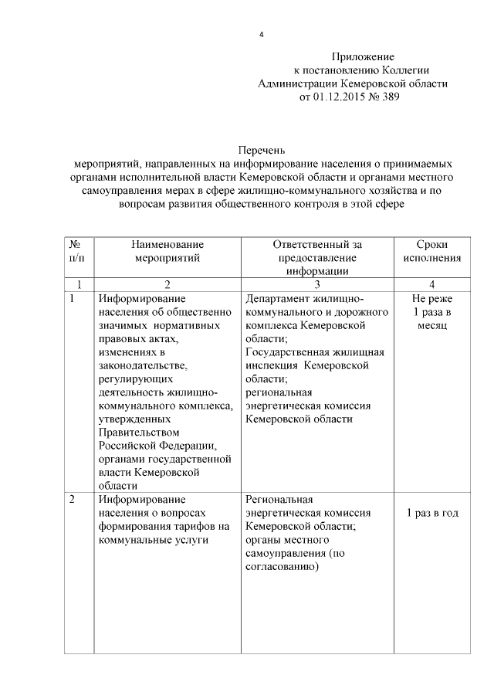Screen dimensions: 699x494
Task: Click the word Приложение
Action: pos(363,57)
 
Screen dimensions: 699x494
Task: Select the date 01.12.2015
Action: pos(340,98)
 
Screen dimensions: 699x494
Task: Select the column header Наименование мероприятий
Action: pos(166,251)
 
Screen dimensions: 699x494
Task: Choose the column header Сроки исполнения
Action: pos(431,251)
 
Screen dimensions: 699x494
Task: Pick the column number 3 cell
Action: pos(317,284)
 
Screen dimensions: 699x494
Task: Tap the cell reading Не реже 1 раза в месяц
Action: pos(431,311)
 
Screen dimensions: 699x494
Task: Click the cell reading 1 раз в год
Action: pos(431,513)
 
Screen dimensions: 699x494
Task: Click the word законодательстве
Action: pos(143,365)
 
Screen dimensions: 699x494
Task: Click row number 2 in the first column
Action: pos(72,500)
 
